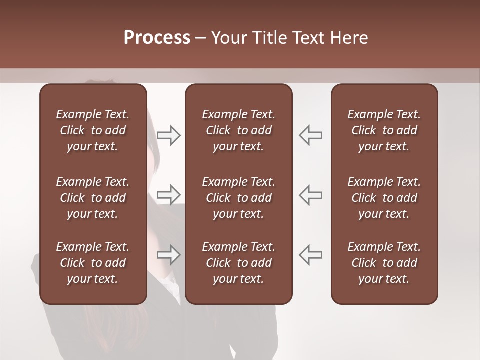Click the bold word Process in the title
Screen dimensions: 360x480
pyautogui.click(x=157, y=38)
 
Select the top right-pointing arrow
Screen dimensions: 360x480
pyautogui.click(x=169, y=135)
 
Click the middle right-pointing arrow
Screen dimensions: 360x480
pyautogui.click(x=169, y=194)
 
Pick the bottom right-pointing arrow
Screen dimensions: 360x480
pyautogui.click(x=169, y=255)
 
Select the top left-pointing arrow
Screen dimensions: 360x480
pyautogui.click(x=310, y=135)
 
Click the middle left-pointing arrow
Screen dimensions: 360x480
pyautogui.click(x=310, y=194)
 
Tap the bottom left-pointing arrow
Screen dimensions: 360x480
pyautogui.click(x=310, y=255)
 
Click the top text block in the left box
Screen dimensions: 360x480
pyautogui.click(x=93, y=130)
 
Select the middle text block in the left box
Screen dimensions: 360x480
pyautogui.click(x=93, y=198)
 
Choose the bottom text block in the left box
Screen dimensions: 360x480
pyautogui.click(x=93, y=263)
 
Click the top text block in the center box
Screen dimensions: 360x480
pyautogui.click(x=238, y=130)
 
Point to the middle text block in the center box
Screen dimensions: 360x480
pyautogui.click(x=238, y=198)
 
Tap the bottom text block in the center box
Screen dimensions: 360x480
pyautogui.click(x=238, y=263)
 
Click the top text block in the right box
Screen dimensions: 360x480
pyautogui.click(x=384, y=130)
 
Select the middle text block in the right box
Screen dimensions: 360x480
pyautogui.click(x=384, y=198)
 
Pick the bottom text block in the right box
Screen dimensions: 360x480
pyautogui.click(x=384, y=263)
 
